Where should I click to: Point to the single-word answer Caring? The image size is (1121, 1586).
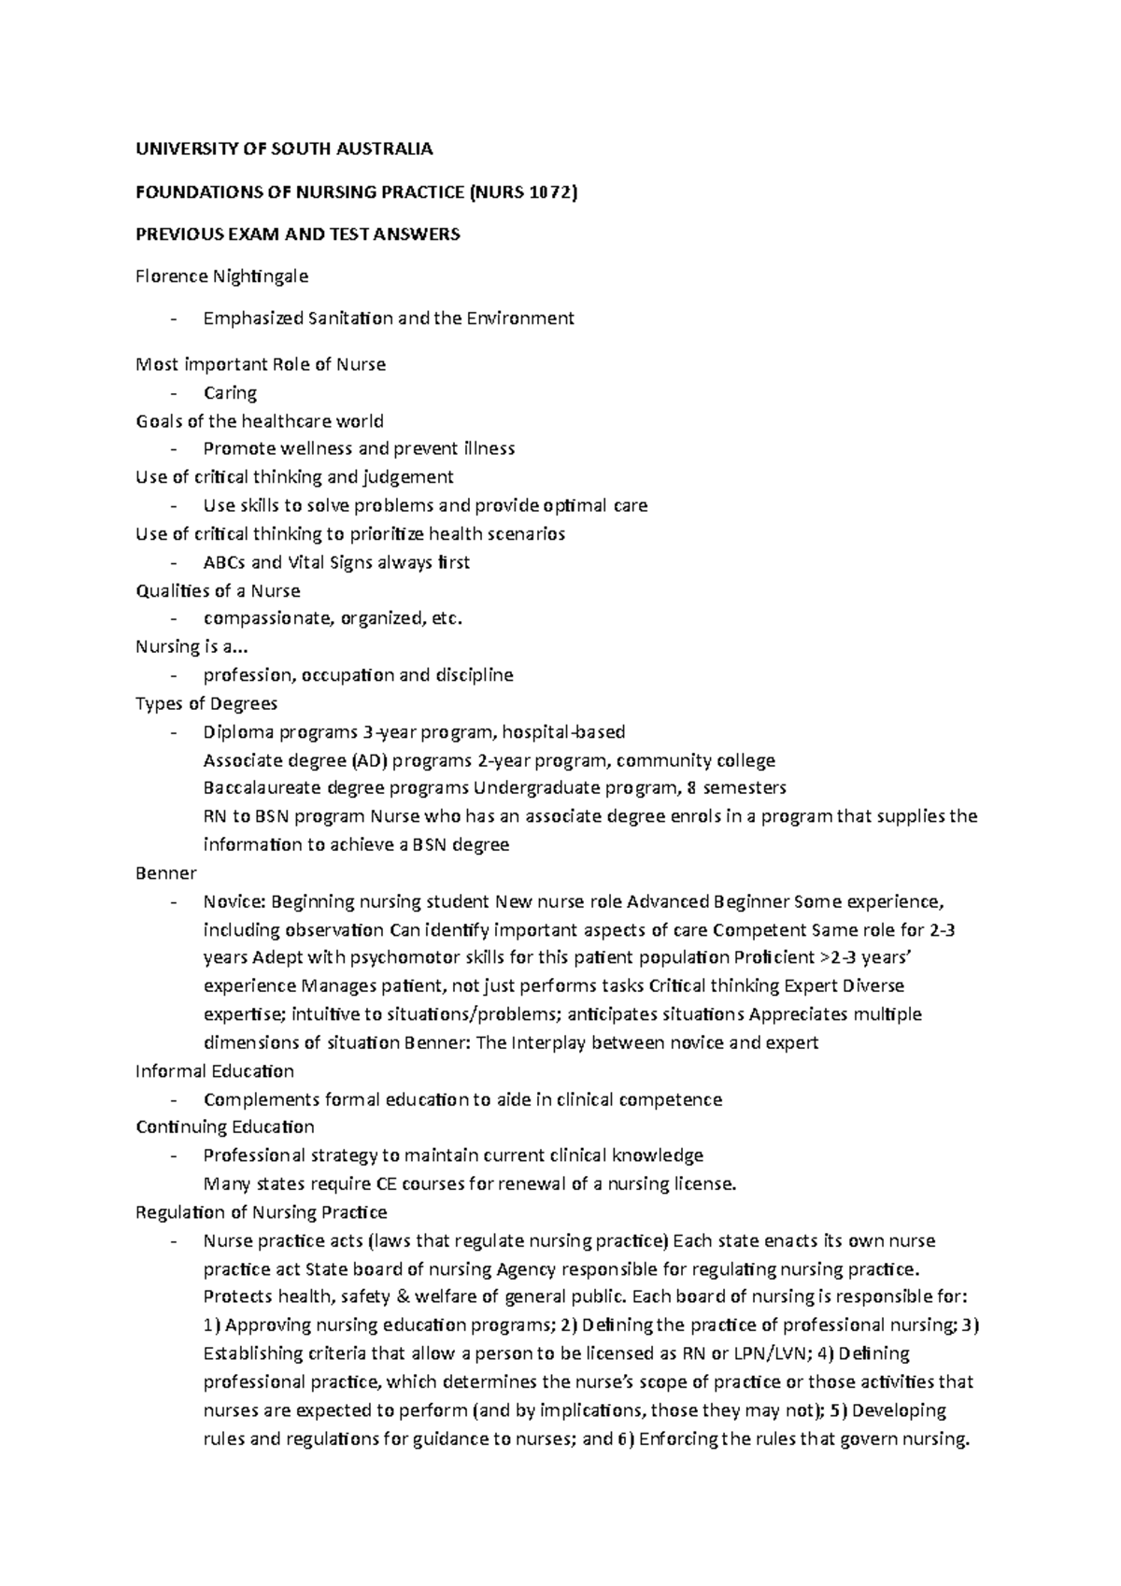point(230,392)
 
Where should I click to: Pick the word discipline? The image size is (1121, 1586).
point(468,675)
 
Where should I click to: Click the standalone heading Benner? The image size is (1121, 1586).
point(166,873)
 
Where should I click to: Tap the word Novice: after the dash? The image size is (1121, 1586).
point(235,902)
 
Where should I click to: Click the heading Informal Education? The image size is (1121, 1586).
point(215,1071)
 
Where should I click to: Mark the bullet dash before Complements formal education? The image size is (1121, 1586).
point(174,1100)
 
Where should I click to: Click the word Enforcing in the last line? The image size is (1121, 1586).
point(680,1438)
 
